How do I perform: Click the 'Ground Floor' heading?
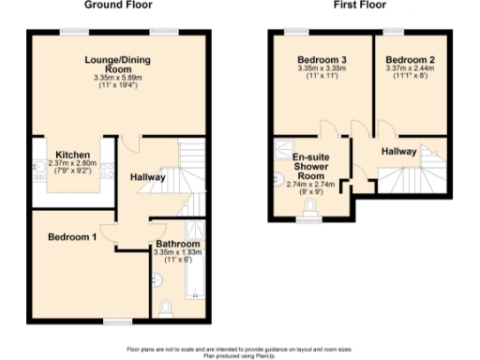[x=118, y=6]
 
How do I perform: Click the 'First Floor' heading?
[x=356, y=6]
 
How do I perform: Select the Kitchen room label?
[x=72, y=155]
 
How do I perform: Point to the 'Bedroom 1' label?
[x=72, y=237]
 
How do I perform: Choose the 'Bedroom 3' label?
[x=322, y=58]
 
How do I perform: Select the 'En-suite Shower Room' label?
[x=308, y=166]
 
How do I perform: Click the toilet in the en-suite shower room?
[x=308, y=207]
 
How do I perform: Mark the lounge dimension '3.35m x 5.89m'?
[x=118, y=77]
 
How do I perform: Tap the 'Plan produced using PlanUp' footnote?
[x=240, y=355]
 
